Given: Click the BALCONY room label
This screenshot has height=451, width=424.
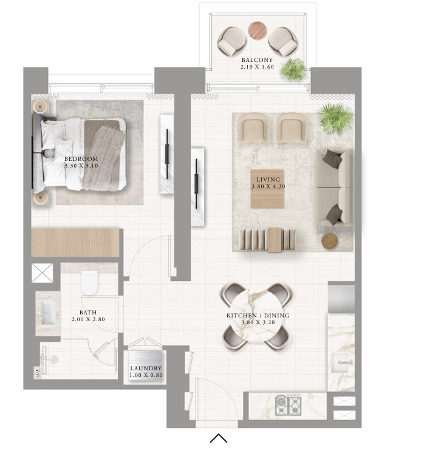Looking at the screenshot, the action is coord(257,60).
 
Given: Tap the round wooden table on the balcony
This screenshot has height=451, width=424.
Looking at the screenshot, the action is coord(257,30).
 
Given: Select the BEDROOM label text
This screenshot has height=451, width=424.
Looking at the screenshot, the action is coord(81,159).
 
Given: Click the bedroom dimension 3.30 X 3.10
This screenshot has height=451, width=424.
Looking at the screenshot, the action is coord(81,166).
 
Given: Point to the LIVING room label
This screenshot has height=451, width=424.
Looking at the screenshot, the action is coord(268,180).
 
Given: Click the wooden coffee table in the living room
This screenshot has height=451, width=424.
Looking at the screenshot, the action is coord(267,189).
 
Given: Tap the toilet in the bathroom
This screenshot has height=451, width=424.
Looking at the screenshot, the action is coord(89,283).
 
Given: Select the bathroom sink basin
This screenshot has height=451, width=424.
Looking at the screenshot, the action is coord(49,313).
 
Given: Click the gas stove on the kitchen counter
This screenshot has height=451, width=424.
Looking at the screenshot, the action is coord(288,405).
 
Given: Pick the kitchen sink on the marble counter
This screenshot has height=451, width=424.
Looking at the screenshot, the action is coord(342,362).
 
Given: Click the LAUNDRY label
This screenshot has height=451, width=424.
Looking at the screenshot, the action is coord(146,368).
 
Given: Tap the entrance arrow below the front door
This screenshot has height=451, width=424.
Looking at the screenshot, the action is coord(219,438).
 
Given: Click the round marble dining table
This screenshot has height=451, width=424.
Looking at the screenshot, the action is coord(257,316).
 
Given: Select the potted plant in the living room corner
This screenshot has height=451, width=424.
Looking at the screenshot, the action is coord(335,118).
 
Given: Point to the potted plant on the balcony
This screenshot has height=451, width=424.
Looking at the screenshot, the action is coord(292,70).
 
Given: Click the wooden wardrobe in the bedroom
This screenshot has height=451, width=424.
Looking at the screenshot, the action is coord(75,243).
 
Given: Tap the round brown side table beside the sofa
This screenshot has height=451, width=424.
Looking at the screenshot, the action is coord(330,241).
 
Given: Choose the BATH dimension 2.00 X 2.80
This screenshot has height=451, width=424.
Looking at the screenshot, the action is coord(88,319).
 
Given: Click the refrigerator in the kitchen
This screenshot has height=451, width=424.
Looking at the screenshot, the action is coord(341,297).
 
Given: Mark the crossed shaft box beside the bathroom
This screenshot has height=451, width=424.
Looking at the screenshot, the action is coord(43,273).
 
